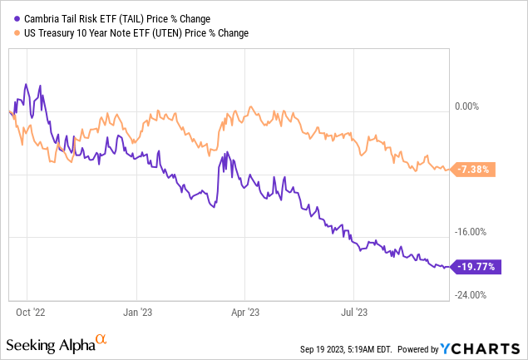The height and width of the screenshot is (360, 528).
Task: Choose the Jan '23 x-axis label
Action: (x=138, y=313)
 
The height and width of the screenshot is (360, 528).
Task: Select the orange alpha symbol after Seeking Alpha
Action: (x=101, y=340)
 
